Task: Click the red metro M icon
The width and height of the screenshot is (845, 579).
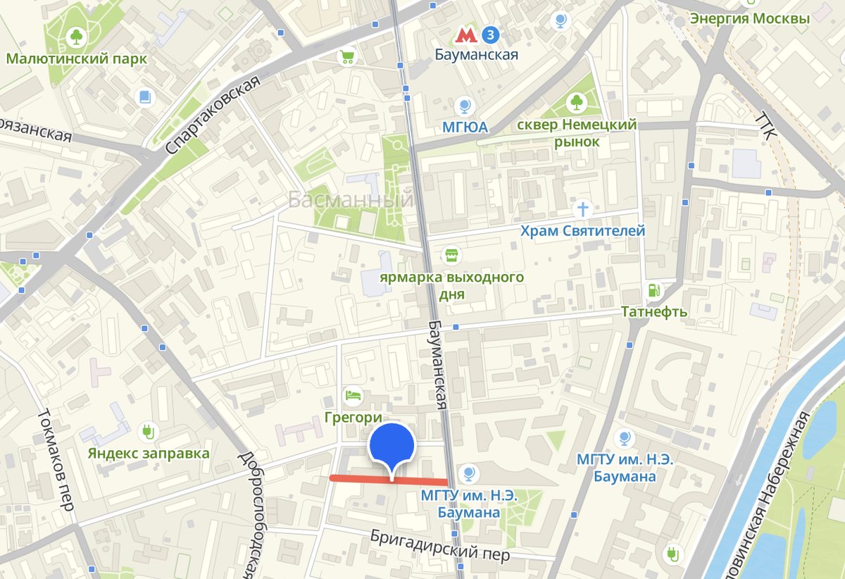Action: coord(464,34)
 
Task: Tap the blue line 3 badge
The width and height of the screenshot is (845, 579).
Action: coord(491,34)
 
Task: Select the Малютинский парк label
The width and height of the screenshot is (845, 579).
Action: coord(77,58)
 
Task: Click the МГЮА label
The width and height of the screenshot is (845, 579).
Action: coord(464,127)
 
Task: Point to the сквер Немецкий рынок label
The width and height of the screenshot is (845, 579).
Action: coord(577,133)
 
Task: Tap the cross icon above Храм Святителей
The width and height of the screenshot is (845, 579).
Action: coord(582,208)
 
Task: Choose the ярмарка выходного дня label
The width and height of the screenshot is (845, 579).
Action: coord(451,285)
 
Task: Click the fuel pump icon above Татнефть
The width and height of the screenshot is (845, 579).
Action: coord(653,289)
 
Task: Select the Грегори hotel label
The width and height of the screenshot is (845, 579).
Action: coord(353,417)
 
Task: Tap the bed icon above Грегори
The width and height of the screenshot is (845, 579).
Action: coord(352,395)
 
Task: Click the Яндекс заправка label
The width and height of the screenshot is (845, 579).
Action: coord(149,452)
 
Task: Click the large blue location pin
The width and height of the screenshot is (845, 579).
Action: coord(392,447)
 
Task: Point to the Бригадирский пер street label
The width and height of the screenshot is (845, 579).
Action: coord(440,545)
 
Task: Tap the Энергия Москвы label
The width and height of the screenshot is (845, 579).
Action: coord(749,18)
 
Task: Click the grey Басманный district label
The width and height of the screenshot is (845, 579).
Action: coord(351,201)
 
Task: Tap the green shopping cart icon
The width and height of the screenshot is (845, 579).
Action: coord(346,56)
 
